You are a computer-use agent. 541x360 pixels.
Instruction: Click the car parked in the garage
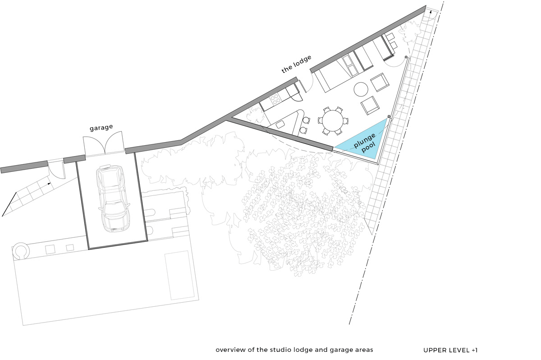(x=113, y=198)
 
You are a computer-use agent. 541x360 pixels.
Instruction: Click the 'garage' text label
(x=101, y=127)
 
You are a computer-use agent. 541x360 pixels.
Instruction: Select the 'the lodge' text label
(x=296, y=64)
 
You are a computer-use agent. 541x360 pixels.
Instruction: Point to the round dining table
(x=333, y=121)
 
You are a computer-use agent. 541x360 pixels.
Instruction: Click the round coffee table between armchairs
(x=361, y=89)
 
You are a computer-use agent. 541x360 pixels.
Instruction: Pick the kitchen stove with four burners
(x=275, y=99)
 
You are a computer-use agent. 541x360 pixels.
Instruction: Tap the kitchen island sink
(x=280, y=125)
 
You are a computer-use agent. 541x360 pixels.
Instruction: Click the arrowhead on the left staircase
(x=49, y=184)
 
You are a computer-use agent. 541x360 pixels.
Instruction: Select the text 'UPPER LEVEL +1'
(x=450, y=350)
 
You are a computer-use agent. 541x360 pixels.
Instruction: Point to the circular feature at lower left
(x=21, y=251)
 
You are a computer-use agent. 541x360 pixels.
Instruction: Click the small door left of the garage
(x=56, y=170)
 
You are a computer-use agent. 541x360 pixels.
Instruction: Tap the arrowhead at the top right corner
(x=431, y=11)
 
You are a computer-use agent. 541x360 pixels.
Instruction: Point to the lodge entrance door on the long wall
(x=306, y=82)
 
